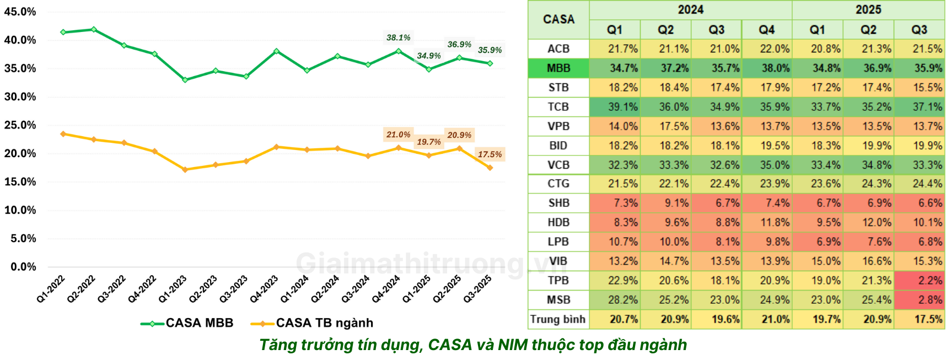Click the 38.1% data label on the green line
click(x=398, y=37)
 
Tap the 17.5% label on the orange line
click(x=490, y=154)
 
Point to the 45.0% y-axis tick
click(x=20, y=12)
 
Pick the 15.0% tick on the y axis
click(x=20, y=182)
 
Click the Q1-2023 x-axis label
click(x=173, y=289)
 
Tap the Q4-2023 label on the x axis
click(x=264, y=289)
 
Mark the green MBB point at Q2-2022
click(x=94, y=29)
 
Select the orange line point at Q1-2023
click(x=185, y=170)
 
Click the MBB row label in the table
click(x=558, y=68)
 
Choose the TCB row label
click(x=558, y=107)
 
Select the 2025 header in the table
click(x=868, y=10)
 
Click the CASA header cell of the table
click(x=558, y=20)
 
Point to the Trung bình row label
click(x=558, y=319)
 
